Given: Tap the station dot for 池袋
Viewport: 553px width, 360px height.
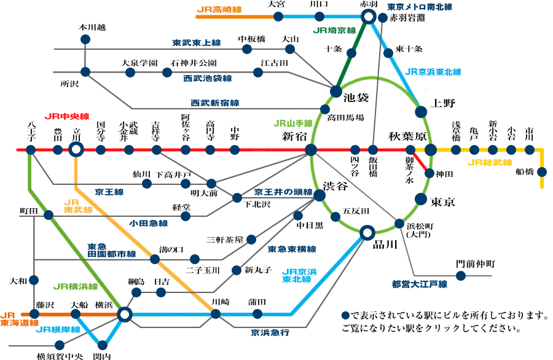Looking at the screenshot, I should (335, 91).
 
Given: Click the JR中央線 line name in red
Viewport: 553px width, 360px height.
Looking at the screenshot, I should (67, 117).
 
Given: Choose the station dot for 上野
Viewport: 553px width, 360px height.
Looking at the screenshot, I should (421, 111).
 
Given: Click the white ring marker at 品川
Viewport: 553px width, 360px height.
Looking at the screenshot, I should (367, 232).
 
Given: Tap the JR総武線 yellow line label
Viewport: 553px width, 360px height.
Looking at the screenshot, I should (490, 163).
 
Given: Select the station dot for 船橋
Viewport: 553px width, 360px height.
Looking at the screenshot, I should (542, 171).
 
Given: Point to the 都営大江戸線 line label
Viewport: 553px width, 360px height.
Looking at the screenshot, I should (419, 284).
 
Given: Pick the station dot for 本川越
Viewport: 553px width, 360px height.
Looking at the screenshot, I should (85, 39).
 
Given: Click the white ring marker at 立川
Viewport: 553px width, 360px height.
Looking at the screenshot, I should (76, 149).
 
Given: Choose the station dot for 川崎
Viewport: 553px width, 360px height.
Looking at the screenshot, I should (216, 314).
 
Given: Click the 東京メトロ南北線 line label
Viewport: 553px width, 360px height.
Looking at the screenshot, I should (420, 7).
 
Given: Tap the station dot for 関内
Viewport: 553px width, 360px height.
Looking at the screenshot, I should (102, 343).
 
